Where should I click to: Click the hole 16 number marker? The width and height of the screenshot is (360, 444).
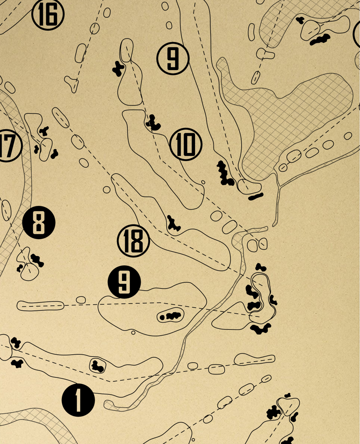(x=48, y=14)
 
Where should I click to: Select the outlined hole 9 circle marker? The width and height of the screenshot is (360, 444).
(x=173, y=59)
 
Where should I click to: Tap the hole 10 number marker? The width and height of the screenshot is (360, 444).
(x=186, y=144)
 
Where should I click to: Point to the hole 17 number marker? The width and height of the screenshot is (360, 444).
(x=8, y=146)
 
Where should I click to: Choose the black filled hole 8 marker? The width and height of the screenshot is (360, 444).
(x=39, y=223)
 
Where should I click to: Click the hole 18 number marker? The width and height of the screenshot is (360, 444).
(x=133, y=241)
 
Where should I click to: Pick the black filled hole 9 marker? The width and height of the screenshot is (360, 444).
(x=124, y=282)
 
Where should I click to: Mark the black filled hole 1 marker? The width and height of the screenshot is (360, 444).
(x=78, y=400)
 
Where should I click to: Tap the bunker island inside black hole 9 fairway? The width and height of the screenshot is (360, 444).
(x=171, y=316)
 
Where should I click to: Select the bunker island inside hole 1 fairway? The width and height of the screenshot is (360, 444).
(x=97, y=366)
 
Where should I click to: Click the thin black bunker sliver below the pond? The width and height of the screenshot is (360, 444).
(x=256, y=197)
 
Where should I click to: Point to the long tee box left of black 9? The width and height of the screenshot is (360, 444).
(x=40, y=306)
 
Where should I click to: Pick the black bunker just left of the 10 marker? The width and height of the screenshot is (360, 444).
(x=154, y=123)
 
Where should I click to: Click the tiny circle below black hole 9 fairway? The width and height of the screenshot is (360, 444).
(x=133, y=332)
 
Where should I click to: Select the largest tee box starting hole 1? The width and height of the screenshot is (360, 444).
(x=254, y=359)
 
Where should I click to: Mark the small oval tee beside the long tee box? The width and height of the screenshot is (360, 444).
(x=81, y=300)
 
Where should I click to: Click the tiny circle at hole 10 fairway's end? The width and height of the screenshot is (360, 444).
(x=203, y=182)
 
